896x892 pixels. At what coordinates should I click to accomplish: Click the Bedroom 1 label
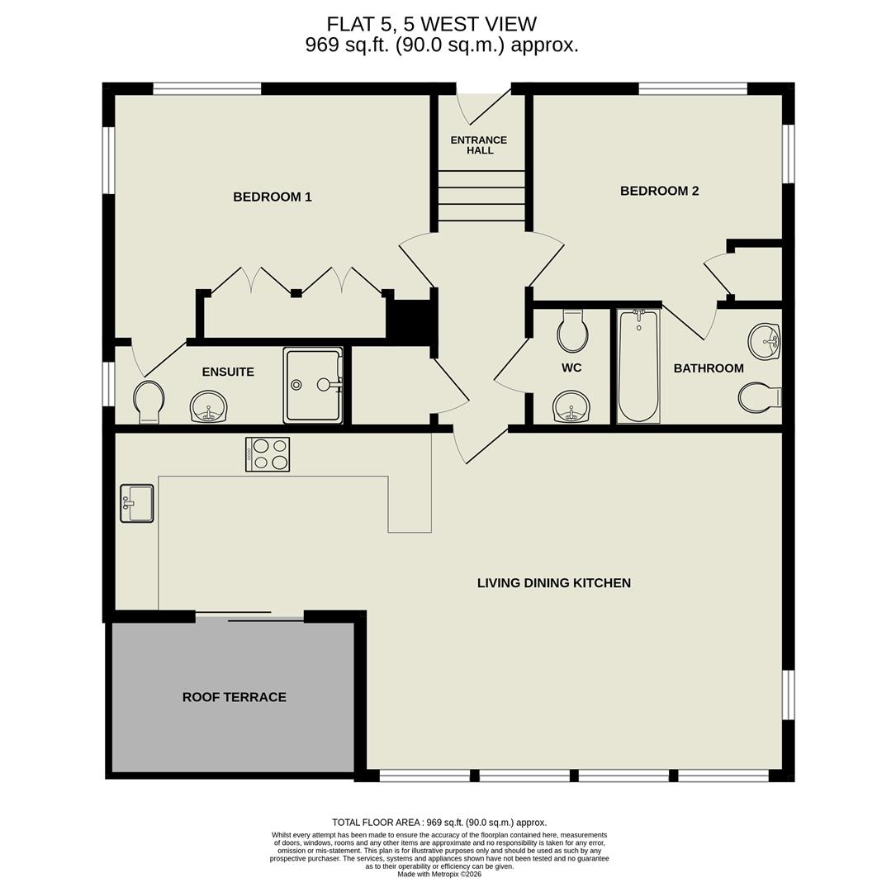tap(272, 197)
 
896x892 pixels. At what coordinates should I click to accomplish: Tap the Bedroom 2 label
tap(659, 191)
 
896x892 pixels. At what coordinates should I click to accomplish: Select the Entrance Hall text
tap(479, 145)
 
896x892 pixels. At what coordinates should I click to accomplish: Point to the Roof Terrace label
tap(234, 697)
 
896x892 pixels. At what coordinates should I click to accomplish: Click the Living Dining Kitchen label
tap(553, 583)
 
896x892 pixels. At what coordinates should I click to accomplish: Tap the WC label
tap(571, 368)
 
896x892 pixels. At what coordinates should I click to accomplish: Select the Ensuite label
tap(228, 372)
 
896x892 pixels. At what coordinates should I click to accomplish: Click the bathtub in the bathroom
tap(638, 366)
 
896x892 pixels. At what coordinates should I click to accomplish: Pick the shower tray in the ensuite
tap(313, 385)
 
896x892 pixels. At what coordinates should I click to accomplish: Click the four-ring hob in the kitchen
tap(268, 454)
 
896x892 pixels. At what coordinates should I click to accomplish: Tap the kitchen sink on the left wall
tap(137, 503)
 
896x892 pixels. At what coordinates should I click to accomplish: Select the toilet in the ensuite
tap(149, 401)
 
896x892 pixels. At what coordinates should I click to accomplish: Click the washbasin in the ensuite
tap(209, 406)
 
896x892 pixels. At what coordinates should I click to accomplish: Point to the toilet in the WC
tap(572, 331)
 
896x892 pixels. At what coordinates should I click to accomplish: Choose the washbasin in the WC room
tap(571, 406)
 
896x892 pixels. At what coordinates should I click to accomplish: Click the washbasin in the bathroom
tap(764, 341)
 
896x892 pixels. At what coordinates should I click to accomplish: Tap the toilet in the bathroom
tap(759, 397)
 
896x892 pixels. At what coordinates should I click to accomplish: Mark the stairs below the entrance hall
tap(481, 196)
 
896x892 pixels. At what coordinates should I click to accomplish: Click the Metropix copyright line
tap(439, 874)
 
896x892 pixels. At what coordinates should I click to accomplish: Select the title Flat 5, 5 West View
tap(431, 25)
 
